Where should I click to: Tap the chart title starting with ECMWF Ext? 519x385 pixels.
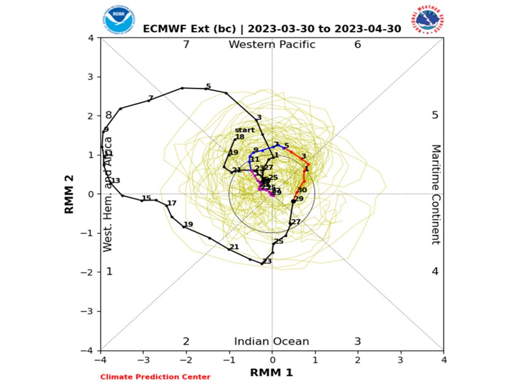(272, 29)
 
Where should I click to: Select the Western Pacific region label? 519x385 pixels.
(272, 45)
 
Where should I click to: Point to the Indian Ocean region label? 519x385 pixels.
(271, 341)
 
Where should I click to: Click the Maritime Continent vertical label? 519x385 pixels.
(436, 194)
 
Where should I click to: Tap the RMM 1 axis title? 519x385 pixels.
(272, 373)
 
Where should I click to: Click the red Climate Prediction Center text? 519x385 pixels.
(155, 377)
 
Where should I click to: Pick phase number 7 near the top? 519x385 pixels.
(186, 45)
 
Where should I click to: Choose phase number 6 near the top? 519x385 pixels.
(357, 45)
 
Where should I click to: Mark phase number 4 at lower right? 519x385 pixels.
(435, 272)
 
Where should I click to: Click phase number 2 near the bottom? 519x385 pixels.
(186, 341)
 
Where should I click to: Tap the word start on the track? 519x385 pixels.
(245, 130)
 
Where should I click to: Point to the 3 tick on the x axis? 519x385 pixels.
(400, 359)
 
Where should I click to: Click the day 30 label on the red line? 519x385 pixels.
(302, 190)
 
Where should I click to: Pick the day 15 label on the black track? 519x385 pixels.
(146, 198)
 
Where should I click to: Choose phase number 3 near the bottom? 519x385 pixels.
(357, 341)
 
